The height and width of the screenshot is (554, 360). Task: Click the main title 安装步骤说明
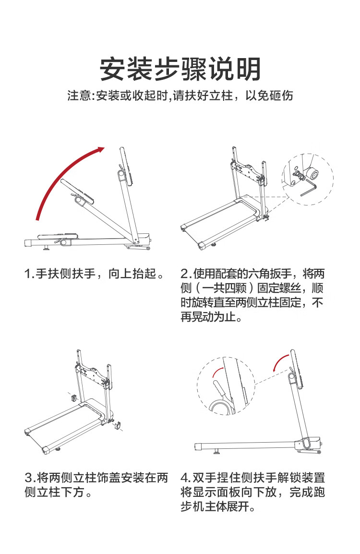tap(180, 69)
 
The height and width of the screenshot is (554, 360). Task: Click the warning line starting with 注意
tap(180, 96)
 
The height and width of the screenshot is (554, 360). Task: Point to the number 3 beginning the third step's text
tap(29, 478)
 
